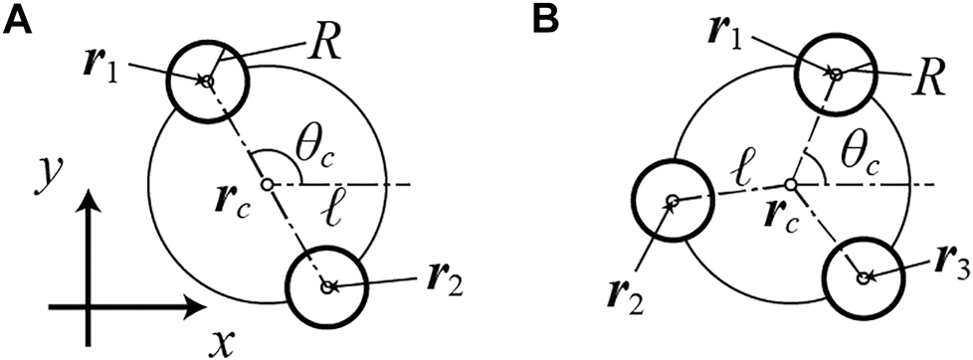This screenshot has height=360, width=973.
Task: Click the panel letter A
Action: pos(22,19)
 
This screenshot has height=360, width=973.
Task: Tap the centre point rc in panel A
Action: pos(266,185)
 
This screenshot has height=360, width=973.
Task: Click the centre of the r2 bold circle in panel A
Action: pos(327,286)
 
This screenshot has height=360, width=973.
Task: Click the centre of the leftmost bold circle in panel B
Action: pos(673,202)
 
